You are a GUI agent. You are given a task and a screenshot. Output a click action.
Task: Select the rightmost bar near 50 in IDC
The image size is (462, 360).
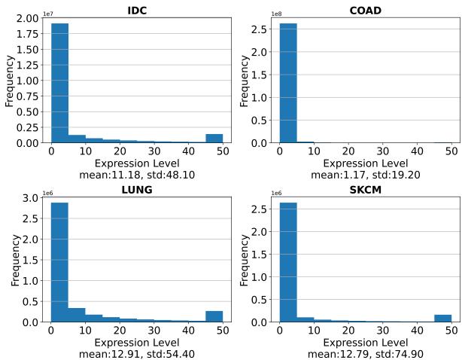(214, 139)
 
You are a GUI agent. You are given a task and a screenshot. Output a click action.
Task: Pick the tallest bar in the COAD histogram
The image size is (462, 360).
(288, 83)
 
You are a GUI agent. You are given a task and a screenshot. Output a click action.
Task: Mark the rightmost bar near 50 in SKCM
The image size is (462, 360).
(443, 318)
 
